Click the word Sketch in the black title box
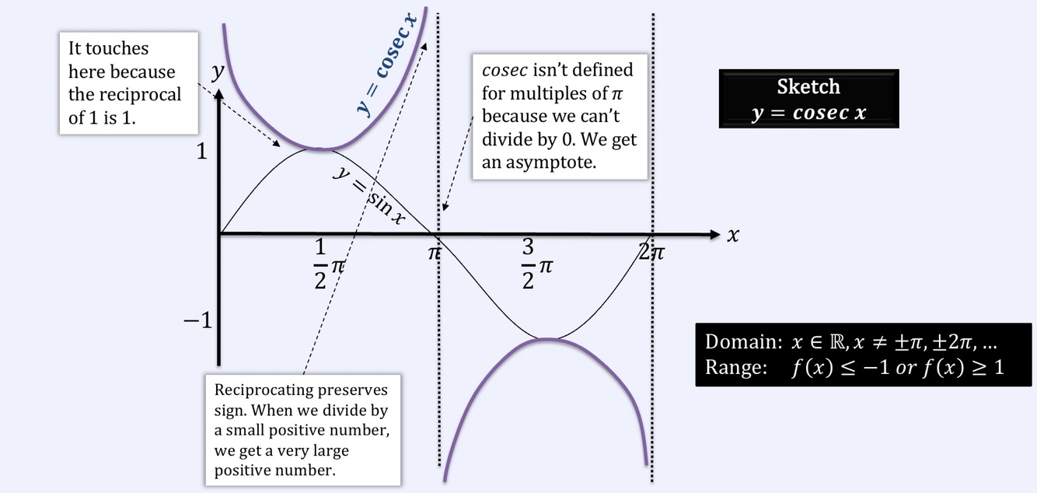pyautogui.click(x=808, y=86)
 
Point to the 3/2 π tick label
pyautogui.click(x=536, y=264)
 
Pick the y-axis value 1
pyautogui.click(x=201, y=152)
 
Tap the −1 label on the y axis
pyautogui.click(x=197, y=320)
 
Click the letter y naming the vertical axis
pyautogui.click(x=218, y=72)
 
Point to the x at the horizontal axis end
pyautogui.click(x=732, y=235)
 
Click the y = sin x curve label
pyautogui.click(x=369, y=196)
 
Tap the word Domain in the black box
pyautogui.click(x=739, y=342)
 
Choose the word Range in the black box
pyautogui.click(x=735, y=367)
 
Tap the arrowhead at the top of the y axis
pyautogui.click(x=219, y=91)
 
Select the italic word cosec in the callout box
pyautogui.click(x=505, y=70)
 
